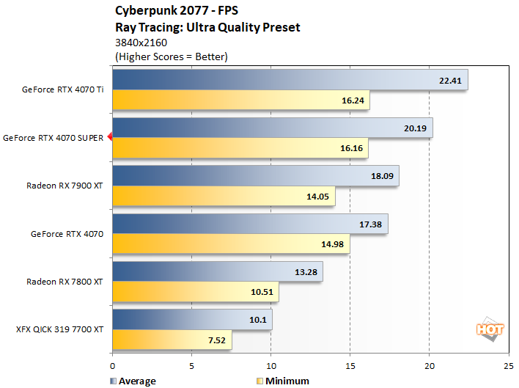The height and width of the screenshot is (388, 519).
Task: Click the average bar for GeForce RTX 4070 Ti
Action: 290,81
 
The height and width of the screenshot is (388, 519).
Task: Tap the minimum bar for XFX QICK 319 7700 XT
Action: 172,339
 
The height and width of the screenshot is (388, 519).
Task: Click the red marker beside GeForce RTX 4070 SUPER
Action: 109,137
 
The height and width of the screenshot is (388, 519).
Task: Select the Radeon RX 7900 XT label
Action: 65,186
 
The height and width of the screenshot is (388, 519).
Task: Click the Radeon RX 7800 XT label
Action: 65,281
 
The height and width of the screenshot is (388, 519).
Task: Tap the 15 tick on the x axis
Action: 350,365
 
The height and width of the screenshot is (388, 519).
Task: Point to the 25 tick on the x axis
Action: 509,365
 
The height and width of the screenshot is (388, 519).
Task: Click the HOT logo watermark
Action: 490,329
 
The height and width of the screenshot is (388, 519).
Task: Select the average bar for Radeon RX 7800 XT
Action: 217,271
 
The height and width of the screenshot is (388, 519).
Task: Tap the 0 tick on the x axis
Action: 113,365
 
